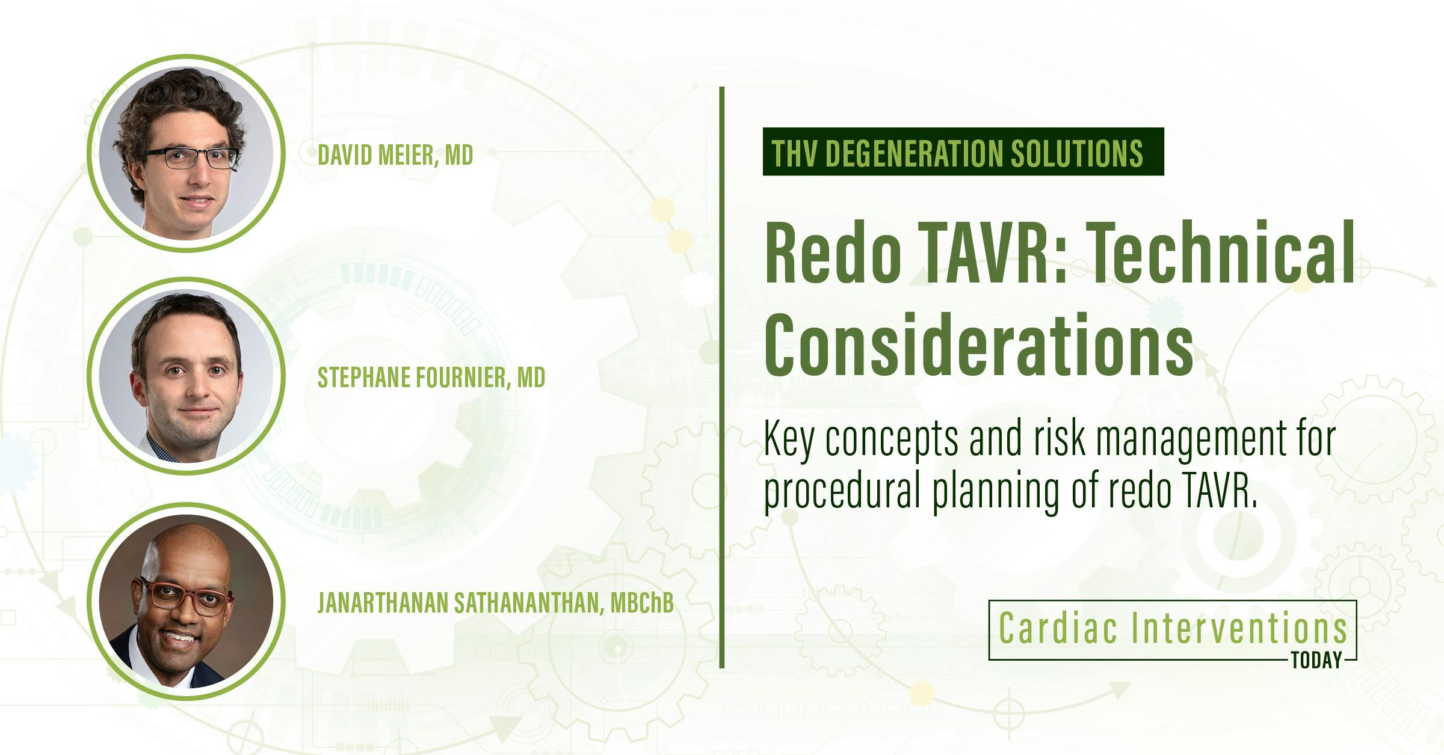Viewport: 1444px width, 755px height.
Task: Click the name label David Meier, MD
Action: [395, 155]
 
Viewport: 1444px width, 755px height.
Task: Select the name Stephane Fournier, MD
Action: [431, 377]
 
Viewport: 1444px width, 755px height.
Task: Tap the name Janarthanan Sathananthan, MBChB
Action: [495, 604]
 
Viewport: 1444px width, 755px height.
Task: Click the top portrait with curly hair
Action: [185, 153]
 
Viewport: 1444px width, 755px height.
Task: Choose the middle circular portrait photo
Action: [185, 376]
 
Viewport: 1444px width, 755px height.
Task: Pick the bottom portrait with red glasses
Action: [185, 602]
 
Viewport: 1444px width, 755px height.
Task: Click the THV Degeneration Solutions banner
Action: [963, 152]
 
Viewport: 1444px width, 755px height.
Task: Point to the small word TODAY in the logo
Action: [1317, 661]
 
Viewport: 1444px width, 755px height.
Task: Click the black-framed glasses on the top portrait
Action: [191, 158]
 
